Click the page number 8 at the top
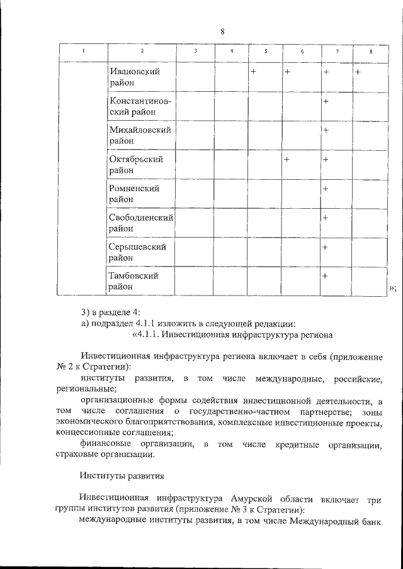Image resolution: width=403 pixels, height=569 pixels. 223,32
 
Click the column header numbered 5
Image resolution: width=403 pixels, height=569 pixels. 265,52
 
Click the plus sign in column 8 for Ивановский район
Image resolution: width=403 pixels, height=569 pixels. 357,72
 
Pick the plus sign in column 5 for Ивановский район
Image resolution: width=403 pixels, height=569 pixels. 253,72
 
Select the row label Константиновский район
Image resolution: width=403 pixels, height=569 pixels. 140,107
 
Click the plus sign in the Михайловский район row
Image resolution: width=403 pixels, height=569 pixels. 326,130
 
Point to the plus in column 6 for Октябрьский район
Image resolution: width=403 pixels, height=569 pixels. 287,160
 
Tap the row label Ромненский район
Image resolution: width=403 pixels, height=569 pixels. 133,194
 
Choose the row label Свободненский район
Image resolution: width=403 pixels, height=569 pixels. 141,223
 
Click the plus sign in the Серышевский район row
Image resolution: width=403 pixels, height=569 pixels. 326,247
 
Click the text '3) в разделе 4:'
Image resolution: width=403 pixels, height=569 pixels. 111,312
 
